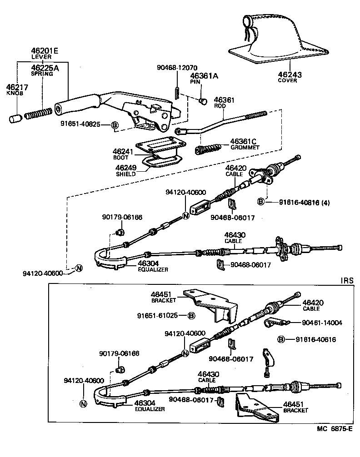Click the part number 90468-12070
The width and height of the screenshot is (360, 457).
click(x=177, y=68)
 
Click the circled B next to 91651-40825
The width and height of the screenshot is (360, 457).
click(x=115, y=125)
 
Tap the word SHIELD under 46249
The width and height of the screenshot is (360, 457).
click(x=126, y=174)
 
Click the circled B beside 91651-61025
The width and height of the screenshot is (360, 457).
click(x=191, y=315)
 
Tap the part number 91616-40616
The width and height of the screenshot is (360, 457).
click(x=315, y=339)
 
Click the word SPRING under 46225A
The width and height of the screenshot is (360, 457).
click(x=41, y=74)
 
